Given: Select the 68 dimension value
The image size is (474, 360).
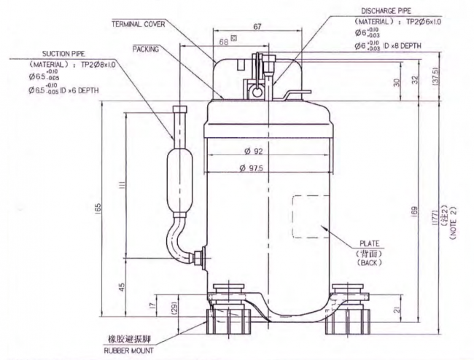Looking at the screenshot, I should pos(222,42).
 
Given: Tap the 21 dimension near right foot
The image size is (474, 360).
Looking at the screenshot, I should pos(396,311).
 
